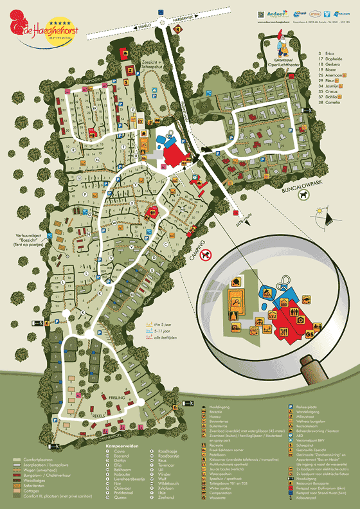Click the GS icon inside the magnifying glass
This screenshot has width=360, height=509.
point(309,334)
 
